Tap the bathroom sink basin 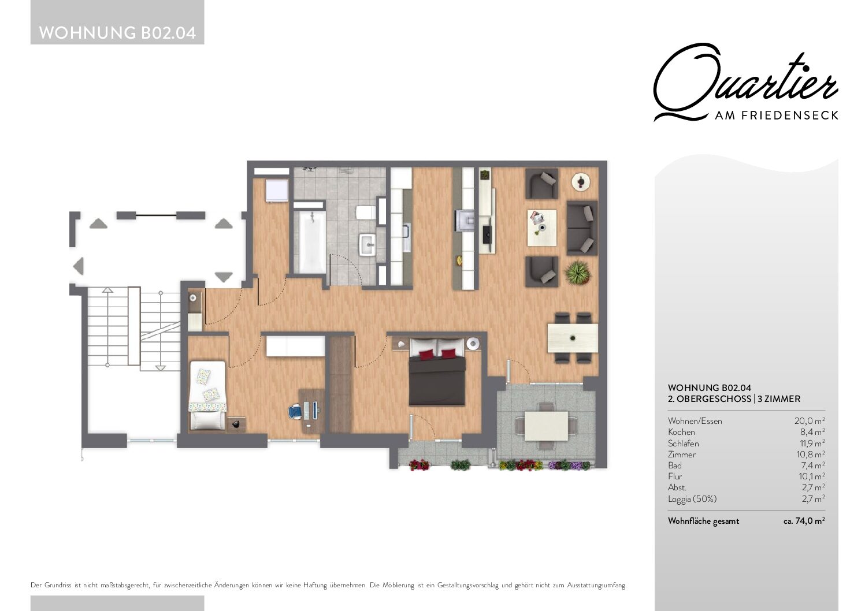pos(367,244)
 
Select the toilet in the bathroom pos(365,213)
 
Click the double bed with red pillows pos(437,372)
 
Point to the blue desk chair pos(296,411)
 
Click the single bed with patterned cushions pos(207,395)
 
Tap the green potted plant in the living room pos(578,272)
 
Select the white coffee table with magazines pos(542,228)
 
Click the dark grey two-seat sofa pos(582,228)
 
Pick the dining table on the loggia pos(546,426)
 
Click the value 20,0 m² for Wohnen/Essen pos(810,421)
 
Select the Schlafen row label pos(684,443)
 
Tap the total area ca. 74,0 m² pos(804,521)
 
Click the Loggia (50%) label pos(692,499)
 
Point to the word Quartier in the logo pos(745,83)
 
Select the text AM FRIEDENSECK pos(777,116)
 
